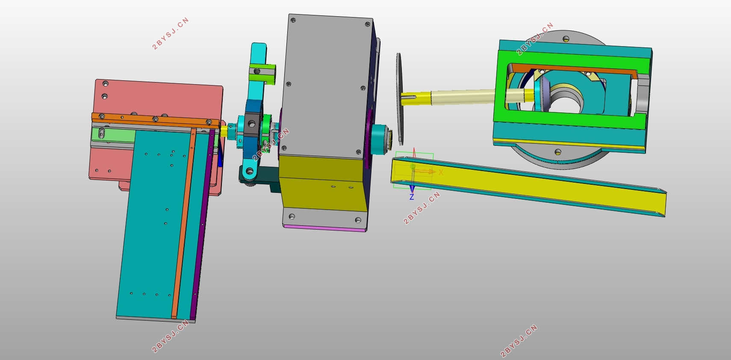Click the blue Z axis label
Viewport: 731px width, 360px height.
pyautogui.click(x=412, y=197)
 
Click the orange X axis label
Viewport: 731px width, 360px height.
pyautogui.click(x=441, y=172)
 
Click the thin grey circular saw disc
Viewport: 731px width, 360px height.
pyautogui.click(x=399, y=98)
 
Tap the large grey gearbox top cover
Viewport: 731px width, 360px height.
pyautogui.click(x=325, y=86)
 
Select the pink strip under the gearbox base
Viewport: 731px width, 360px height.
pyautogui.click(x=325, y=228)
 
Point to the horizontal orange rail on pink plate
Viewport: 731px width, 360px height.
pyautogui.click(x=154, y=121)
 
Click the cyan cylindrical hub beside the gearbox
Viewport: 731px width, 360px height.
pyautogui.click(x=379, y=139)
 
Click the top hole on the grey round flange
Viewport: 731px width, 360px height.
pyautogui.click(x=566, y=39)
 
